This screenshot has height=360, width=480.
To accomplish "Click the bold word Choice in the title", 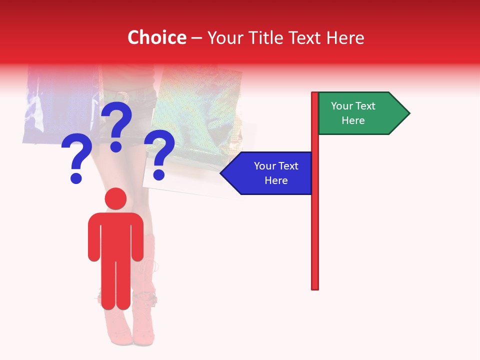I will [x=156, y=37].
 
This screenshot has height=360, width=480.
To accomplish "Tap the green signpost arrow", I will [x=360, y=113].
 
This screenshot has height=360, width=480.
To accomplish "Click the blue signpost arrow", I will [x=270, y=173].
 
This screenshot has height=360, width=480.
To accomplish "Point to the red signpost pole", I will [x=315, y=225].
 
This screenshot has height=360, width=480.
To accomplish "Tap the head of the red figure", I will [x=115, y=198].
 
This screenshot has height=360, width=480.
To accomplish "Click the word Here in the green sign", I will [x=353, y=120].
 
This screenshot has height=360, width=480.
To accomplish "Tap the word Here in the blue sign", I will [x=276, y=180].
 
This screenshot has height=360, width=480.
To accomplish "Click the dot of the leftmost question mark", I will [x=76, y=178].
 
